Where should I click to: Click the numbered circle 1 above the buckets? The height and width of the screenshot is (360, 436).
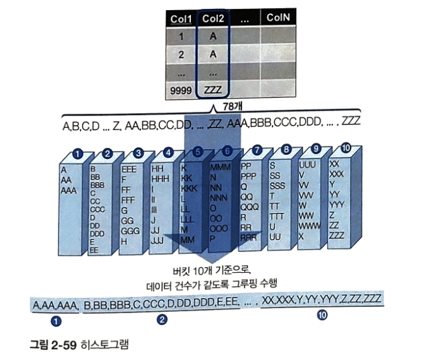tap(78, 153)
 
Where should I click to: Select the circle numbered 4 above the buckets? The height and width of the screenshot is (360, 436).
tap(168, 152)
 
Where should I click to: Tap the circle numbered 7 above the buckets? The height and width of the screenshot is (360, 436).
tap(257, 150)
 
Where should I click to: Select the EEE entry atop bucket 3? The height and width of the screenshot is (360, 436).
tap(128, 170)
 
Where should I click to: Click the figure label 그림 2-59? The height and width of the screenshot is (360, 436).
tap(53, 345)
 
